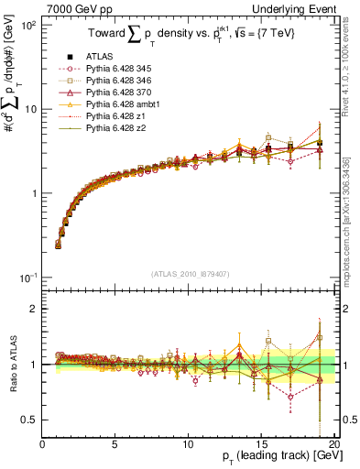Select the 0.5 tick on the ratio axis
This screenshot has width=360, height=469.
[x=27, y=420]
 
